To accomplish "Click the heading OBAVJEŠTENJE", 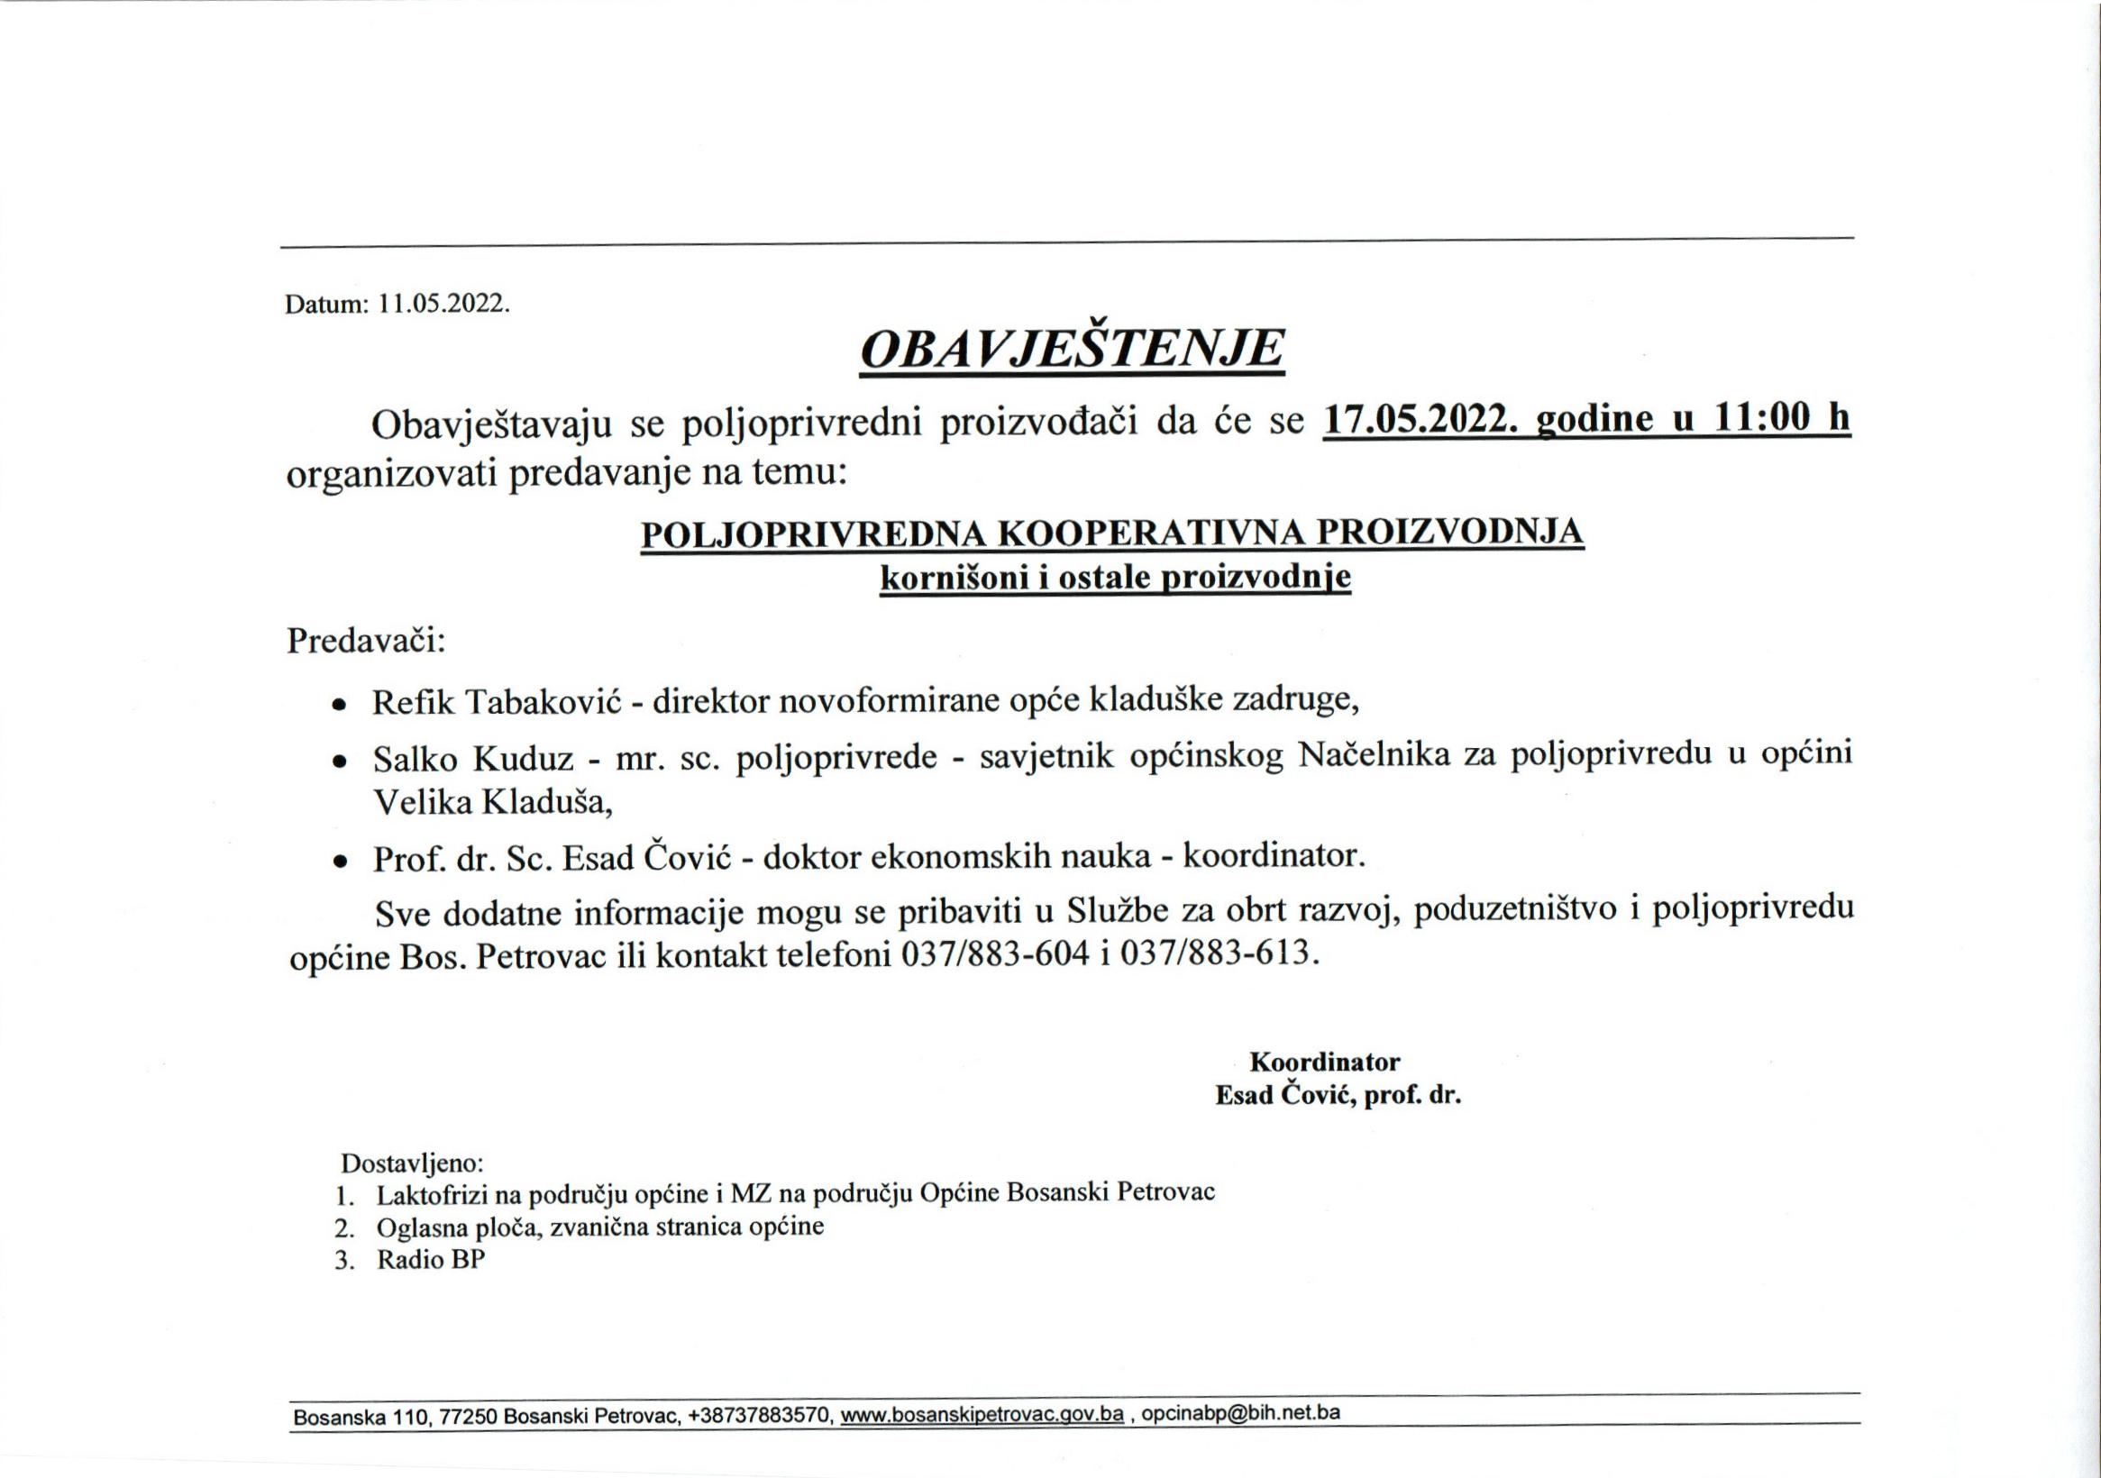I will point(1072,351).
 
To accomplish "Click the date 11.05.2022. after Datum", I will point(443,304).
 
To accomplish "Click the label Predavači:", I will point(366,641).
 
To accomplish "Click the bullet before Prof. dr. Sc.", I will point(340,862).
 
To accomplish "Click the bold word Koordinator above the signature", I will point(1324,1063).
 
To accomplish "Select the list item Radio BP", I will point(430,1259).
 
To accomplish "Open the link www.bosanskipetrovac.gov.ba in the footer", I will point(982,1415).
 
